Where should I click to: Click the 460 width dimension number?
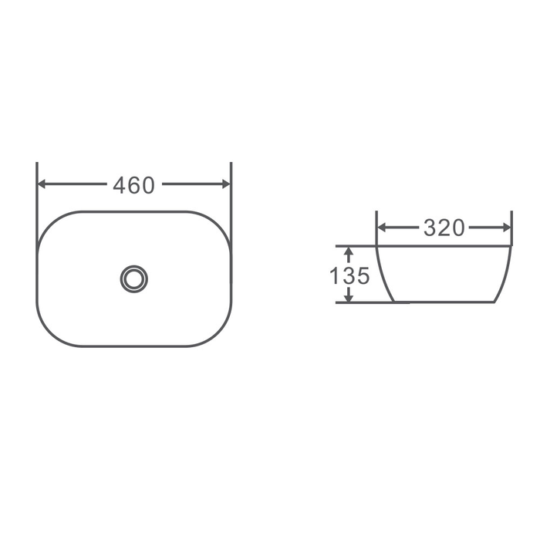(134, 185)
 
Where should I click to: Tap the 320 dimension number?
(444, 228)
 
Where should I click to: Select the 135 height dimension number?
(349, 275)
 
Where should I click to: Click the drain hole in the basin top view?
(134, 279)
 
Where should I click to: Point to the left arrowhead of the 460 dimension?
(42, 184)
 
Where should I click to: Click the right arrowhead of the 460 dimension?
(226, 184)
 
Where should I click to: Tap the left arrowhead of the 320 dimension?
(382, 228)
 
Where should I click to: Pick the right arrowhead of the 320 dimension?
(507, 228)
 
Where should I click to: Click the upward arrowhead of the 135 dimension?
(349, 251)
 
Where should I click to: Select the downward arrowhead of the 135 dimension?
(349, 299)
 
